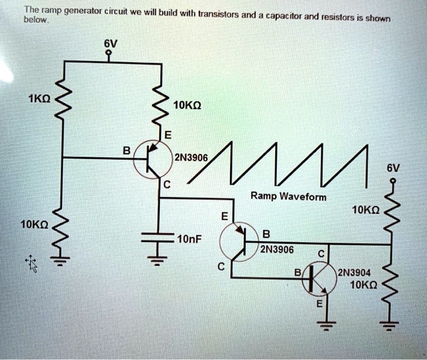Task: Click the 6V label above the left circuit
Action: coord(110,43)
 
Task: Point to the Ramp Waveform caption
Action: coord(289,196)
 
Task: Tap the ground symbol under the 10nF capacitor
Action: coord(158,263)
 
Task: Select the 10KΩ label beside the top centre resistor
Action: coord(187,105)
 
